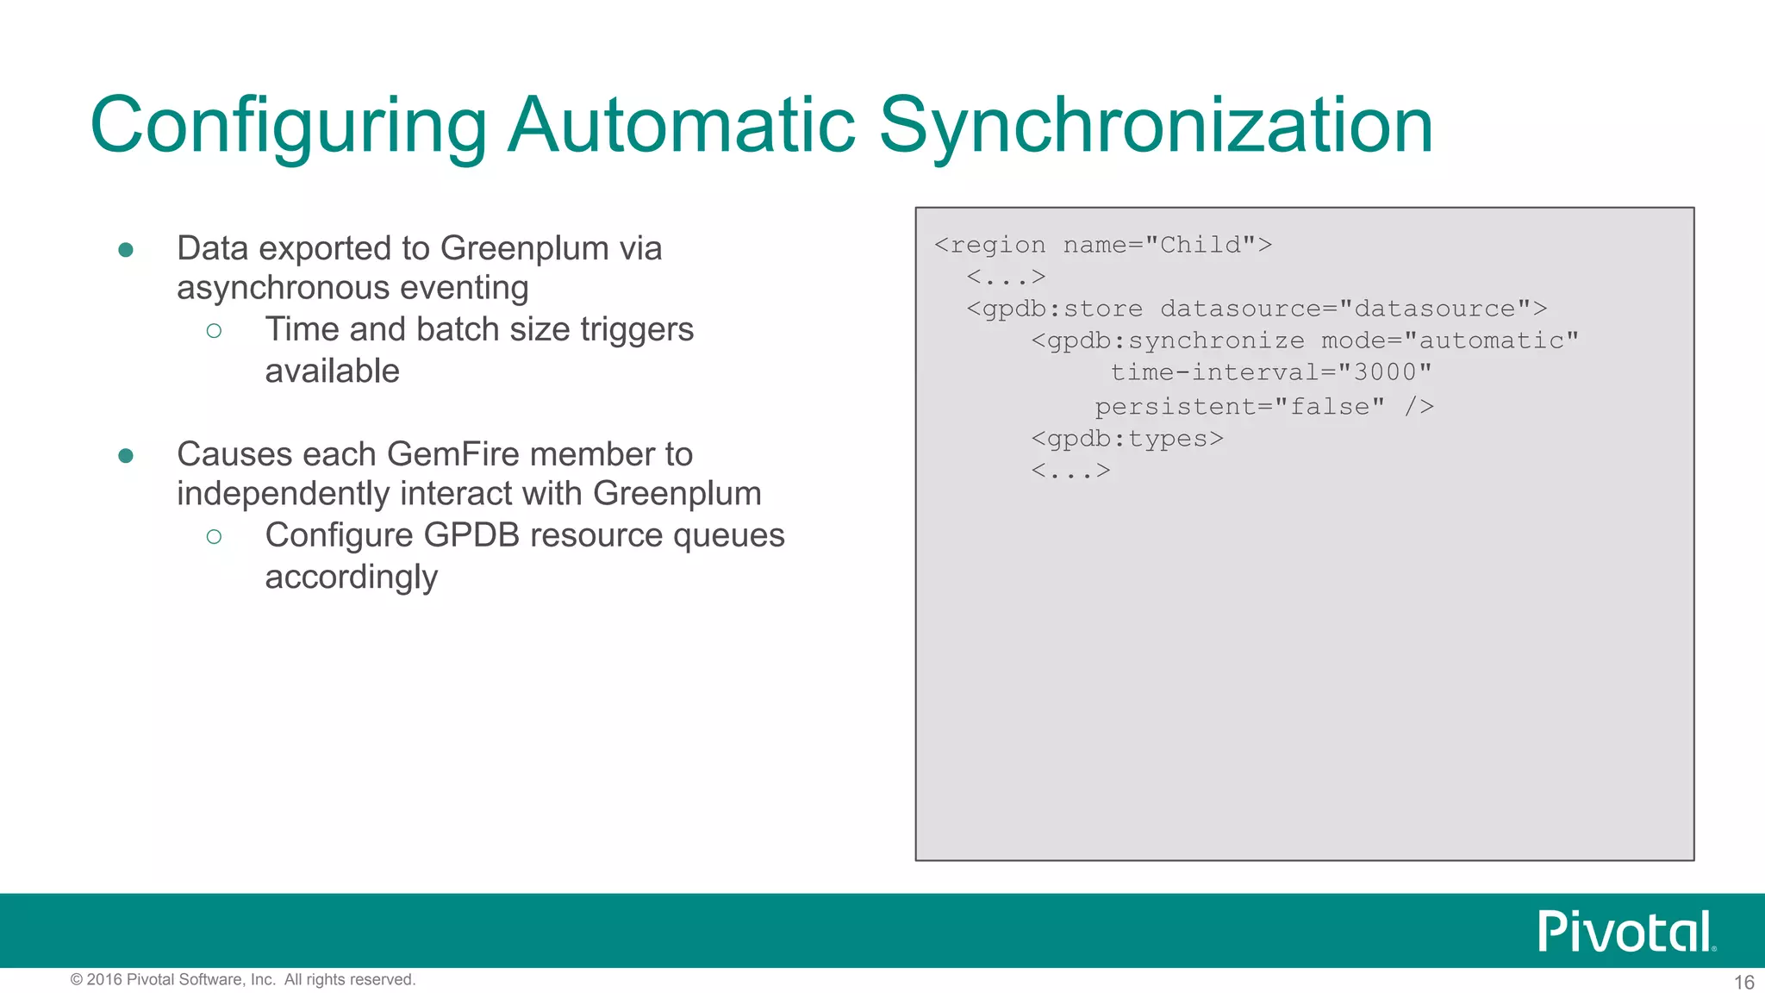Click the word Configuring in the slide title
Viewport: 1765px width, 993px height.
tap(288, 126)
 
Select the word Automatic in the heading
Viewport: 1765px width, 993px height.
tap(681, 126)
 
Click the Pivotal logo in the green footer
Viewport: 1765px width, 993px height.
tap(1626, 931)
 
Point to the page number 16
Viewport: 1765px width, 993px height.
tap(1743, 982)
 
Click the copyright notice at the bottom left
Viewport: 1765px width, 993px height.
tap(243, 979)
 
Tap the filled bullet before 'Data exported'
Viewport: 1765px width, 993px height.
tap(126, 250)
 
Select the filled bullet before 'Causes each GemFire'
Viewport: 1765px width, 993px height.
tap(126, 455)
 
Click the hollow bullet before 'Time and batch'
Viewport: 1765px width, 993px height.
tap(215, 330)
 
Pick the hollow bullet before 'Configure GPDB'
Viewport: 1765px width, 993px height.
tap(215, 536)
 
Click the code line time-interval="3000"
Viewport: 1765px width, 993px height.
tap(1271, 372)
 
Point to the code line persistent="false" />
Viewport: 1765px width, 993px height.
tap(1264, 406)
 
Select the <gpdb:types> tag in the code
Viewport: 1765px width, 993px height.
tap(1127, 439)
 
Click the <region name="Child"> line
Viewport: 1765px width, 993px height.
tap(1103, 245)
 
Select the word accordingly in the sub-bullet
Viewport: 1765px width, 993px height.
tap(351, 577)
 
